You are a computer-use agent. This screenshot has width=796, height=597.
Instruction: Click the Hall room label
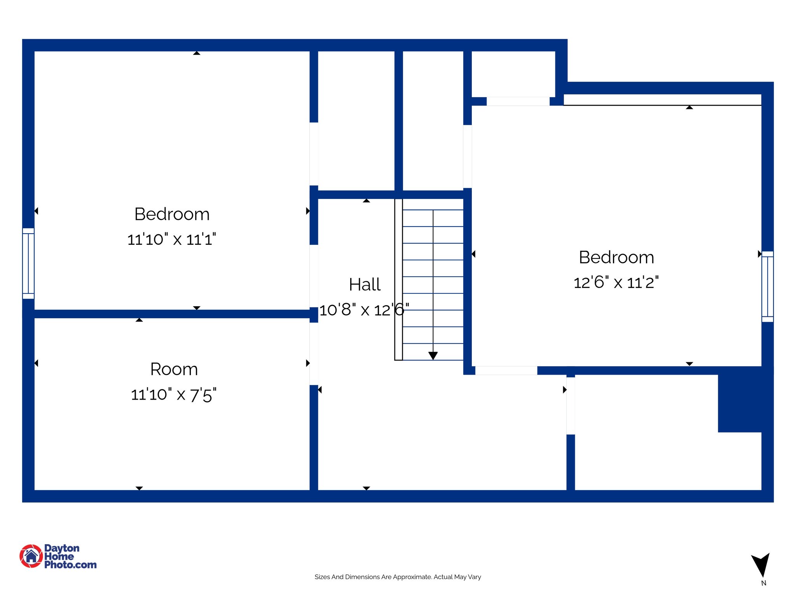tap(365, 285)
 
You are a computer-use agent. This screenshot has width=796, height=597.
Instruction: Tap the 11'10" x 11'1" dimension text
tap(171, 239)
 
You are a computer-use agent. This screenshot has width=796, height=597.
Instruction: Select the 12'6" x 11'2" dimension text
tap(616, 283)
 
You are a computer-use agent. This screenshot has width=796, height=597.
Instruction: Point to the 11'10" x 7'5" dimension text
tap(173, 395)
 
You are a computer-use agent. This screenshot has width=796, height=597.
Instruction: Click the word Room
tap(174, 369)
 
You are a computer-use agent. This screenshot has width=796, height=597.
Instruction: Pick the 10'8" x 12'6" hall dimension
tap(364, 310)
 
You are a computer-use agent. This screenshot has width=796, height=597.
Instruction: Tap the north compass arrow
tap(761, 564)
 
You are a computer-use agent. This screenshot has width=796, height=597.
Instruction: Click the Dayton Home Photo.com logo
tap(58, 556)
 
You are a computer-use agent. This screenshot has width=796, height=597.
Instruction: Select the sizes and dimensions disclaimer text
tap(398, 577)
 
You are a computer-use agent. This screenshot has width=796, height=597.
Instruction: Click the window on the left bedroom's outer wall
tap(28, 264)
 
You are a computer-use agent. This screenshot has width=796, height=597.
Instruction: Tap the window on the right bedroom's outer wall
tap(767, 286)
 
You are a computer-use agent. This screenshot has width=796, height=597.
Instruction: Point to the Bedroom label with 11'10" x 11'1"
tap(172, 214)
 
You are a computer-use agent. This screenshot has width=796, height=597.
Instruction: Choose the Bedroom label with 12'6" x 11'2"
tap(616, 257)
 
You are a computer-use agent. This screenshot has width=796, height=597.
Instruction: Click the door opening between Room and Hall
tap(314, 354)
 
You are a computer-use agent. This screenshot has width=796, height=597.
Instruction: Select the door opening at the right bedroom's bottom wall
tap(506, 370)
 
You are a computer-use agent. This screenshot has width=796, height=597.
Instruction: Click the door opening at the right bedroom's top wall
tap(518, 101)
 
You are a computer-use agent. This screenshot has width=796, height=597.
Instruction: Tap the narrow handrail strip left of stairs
tap(398, 280)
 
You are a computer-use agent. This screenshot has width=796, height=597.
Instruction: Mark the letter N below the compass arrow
tap(763, 583)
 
